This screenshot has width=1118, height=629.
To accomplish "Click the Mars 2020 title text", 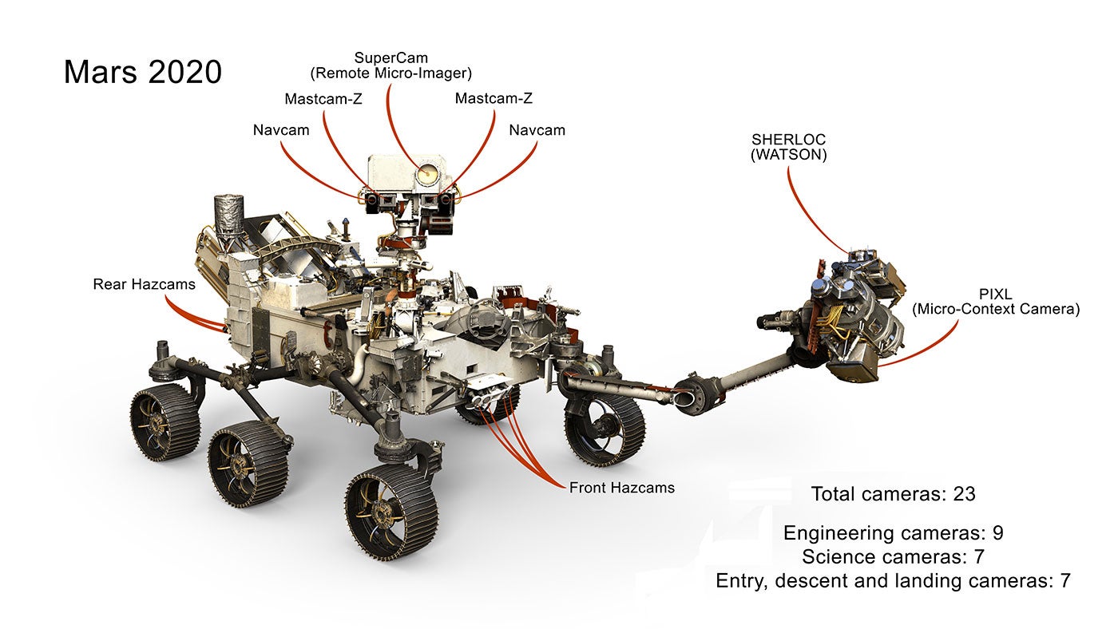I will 142,72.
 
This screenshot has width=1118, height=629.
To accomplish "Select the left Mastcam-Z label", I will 323,99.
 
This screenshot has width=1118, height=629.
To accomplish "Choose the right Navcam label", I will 537,129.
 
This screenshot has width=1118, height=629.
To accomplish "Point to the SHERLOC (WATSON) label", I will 788,148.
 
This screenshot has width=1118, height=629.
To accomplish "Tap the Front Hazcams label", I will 621,487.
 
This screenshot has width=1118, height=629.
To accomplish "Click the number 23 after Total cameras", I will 964,494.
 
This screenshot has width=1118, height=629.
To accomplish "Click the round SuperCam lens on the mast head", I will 427,172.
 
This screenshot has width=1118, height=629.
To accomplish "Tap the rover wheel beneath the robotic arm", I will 605,429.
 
